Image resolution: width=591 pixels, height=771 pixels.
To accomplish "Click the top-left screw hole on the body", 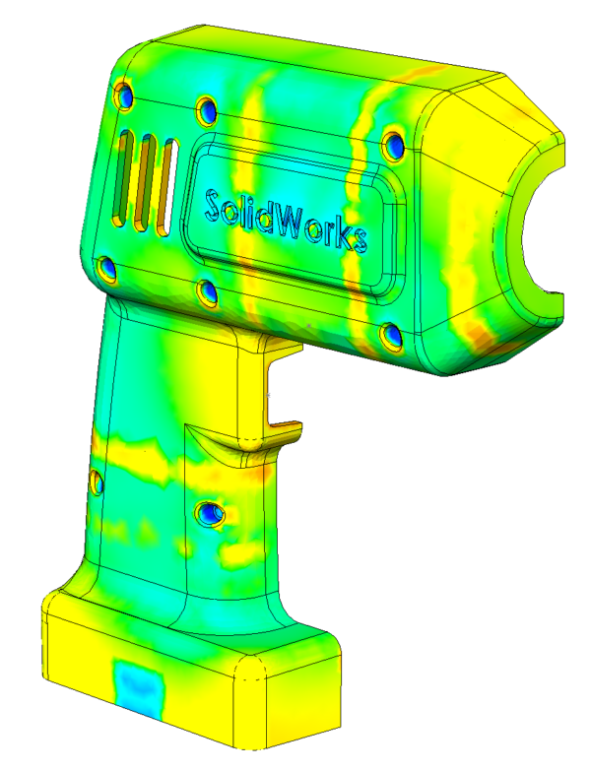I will (x=124, y=96).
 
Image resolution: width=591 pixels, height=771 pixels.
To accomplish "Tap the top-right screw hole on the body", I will (x=394, y=146).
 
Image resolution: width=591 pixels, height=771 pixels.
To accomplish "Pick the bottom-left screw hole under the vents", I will (x=108, y=269).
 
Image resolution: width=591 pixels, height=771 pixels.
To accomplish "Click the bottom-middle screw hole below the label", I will (x=207, y=291).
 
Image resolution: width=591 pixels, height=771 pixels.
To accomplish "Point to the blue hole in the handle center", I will (x=210, y=512).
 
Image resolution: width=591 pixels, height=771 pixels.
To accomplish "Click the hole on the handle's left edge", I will (x=96, y=482).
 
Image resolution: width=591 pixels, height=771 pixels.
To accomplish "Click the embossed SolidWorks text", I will (x=286, y=221).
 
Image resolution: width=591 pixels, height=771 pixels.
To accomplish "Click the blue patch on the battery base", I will (x=137, y=684).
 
